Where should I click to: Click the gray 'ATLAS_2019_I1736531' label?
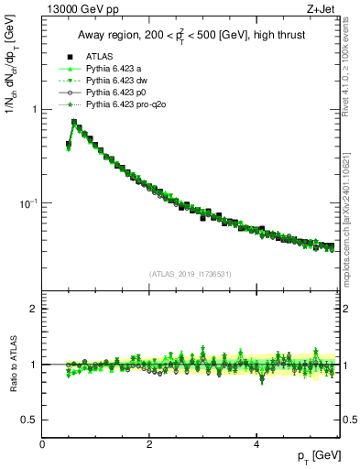pyautogui.click(x=191, y=274)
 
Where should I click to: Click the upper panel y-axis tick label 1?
pyautogui.click(x=36, y=109)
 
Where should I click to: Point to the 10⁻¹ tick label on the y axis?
pyautogui.click(x=29, y=202)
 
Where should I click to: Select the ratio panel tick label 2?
pyautogui.click(x=35, y=309)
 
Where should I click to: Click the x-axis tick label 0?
pyautogui.click(x=42, y=444)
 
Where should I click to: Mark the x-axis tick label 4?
pyautogui.click(x=256, y=444)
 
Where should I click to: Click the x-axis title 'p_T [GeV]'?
pyautogui.click(x=315, y=456)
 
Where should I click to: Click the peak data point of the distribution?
pyautogui.click(x=74, y=122)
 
